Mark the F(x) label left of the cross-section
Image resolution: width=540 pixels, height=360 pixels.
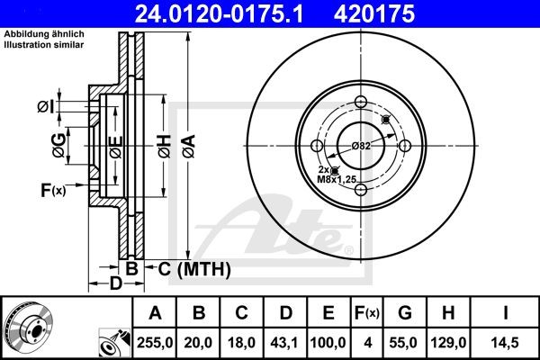coord(52,189)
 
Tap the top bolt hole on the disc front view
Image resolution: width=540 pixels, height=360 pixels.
coord(362,102)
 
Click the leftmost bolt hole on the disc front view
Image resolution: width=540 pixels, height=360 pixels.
coord(317,146)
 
